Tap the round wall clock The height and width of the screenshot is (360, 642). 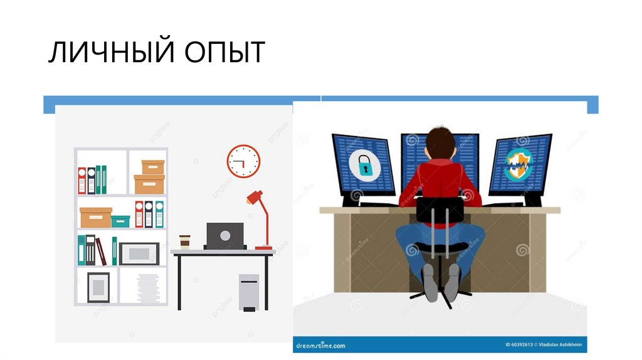coord(243,161)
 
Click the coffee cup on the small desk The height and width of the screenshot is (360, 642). coord(184,242)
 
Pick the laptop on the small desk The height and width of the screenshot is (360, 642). coord(224,236)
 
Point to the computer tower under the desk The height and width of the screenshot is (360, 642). coord(248,292)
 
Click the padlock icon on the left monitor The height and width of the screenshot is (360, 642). coord(364,166)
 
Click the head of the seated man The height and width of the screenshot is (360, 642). coord(439,142)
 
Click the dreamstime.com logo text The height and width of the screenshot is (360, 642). coord(320,345)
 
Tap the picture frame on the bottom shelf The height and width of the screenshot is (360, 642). coord(98,287)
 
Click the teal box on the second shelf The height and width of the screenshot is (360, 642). coord(120,221)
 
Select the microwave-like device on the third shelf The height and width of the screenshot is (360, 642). coord(139,253)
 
